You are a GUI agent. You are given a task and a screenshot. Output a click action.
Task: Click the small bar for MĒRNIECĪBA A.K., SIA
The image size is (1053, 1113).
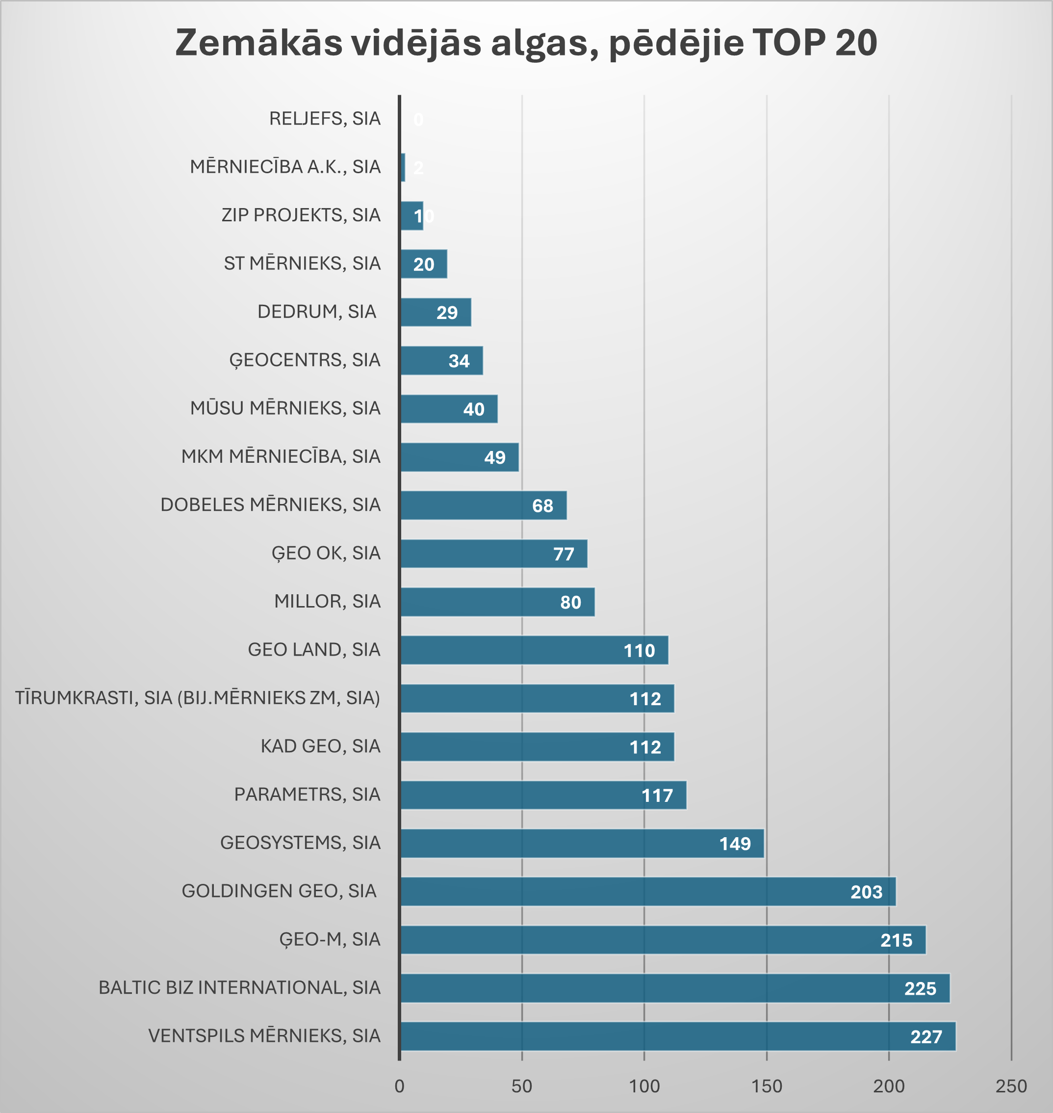coord(403,167)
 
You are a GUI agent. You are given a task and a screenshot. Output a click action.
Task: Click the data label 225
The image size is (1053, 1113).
coord(920,988)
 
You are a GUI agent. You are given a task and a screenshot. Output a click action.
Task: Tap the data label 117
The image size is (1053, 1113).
coord(657,795)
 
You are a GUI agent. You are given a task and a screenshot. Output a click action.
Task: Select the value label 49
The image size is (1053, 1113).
coord(494,457)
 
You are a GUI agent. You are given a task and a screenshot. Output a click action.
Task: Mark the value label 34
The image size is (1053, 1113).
coord(459,361)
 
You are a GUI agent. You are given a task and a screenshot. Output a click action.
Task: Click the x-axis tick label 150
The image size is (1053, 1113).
coord(767,1086)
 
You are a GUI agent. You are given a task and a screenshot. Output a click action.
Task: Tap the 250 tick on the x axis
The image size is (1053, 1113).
coord(1011,1086)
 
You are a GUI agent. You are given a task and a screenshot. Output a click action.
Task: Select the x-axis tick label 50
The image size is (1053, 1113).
coord(521,1086)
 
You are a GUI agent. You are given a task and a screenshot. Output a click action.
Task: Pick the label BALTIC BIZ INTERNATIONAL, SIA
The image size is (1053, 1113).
coord(239,987)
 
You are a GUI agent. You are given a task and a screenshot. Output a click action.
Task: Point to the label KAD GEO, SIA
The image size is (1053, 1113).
coord(320,746)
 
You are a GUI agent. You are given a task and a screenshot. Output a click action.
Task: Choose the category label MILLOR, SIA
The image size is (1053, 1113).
coord(327,601)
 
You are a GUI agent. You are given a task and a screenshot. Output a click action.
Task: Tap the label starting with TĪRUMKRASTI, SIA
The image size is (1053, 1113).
coord(197,697)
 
